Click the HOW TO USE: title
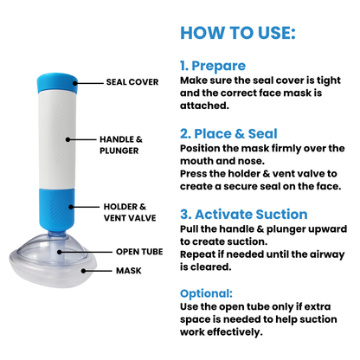238,33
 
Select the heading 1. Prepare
213,66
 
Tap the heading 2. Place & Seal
228,133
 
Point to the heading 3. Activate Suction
243,215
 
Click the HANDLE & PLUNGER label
121,143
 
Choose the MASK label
128,270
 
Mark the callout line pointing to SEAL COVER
88,84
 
